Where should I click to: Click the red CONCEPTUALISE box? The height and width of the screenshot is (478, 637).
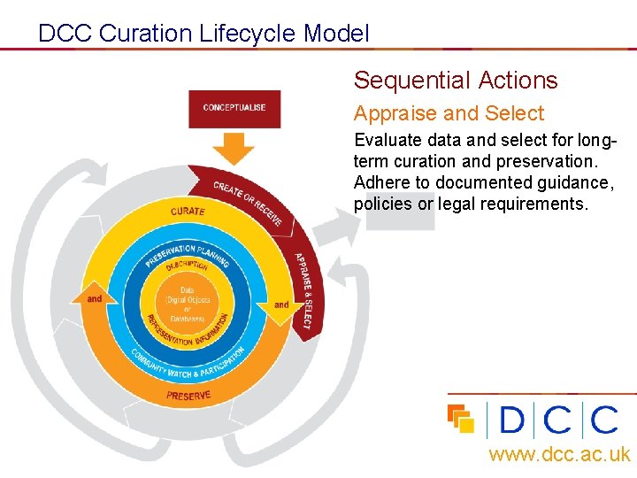pos(234,108)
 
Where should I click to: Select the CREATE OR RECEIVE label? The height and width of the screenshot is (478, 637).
pos(248,203)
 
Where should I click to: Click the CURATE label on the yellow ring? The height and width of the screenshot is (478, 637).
pos(188,212)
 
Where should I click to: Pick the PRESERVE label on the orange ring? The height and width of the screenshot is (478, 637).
pos(188,395)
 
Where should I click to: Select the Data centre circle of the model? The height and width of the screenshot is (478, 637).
pos(188,304)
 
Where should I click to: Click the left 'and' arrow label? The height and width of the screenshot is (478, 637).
pos(95,299)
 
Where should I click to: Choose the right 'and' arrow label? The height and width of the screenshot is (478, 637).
pos(280,305)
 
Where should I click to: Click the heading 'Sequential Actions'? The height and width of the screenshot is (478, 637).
pos(456,81)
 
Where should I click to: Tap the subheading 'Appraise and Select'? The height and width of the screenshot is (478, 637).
pos(449,113)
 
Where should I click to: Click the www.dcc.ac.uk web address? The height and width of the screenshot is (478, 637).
pos(559,455)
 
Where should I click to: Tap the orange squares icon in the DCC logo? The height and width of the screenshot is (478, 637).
pos(461,418)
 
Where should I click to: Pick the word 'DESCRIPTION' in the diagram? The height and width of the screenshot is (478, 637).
pos(186,265)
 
